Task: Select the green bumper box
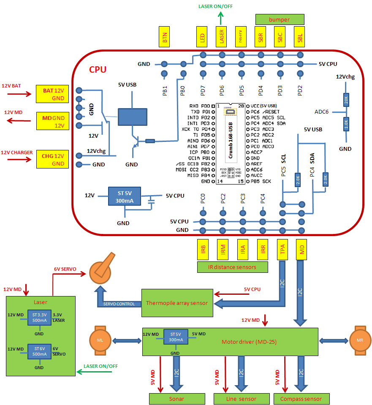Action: coord(280,19)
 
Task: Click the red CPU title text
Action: coord(98,69)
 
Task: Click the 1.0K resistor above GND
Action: coord(346,124)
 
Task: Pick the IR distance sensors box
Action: coord(232,266)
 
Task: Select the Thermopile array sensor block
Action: coord(177,303)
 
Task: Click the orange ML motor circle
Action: coord(100,340)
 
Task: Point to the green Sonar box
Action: coord(177,398)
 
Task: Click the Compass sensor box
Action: coord(301,398)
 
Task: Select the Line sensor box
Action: coord(241,398)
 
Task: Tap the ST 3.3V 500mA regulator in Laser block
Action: coord(39,318)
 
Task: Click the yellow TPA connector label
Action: coord(282,250)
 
